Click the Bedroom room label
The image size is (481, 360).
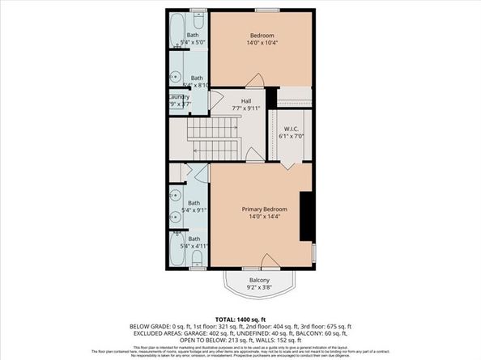click(262, 36)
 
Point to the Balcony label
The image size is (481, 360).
click(259, 280)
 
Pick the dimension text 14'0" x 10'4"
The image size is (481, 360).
click(262, 44)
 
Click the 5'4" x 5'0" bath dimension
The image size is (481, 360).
click(194, 43)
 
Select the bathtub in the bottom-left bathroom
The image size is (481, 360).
click(177, 248)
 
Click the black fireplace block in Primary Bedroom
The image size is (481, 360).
click(306, 216)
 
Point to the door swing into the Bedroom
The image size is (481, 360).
click(253, 78)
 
